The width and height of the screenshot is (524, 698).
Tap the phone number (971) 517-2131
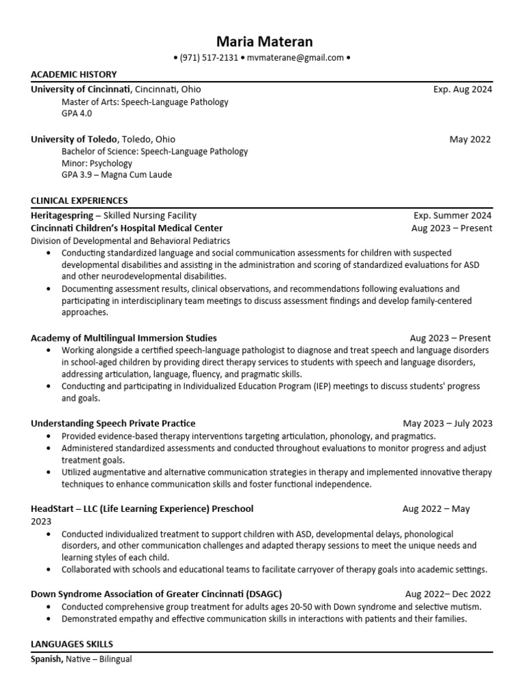209,58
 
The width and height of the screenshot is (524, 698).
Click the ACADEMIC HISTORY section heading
74,74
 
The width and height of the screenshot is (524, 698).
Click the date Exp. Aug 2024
462,89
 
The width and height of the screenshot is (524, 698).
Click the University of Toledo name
74,139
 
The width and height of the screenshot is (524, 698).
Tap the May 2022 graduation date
469,139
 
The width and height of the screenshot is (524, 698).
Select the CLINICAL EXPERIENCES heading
79,200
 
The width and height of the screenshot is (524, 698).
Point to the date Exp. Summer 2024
452,215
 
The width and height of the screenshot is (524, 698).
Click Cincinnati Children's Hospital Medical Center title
126,228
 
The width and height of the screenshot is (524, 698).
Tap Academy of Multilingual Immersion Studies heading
123,338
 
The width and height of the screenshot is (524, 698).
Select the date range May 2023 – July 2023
447,423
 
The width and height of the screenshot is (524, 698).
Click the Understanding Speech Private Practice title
113,423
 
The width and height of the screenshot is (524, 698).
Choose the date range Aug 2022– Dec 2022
448,594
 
